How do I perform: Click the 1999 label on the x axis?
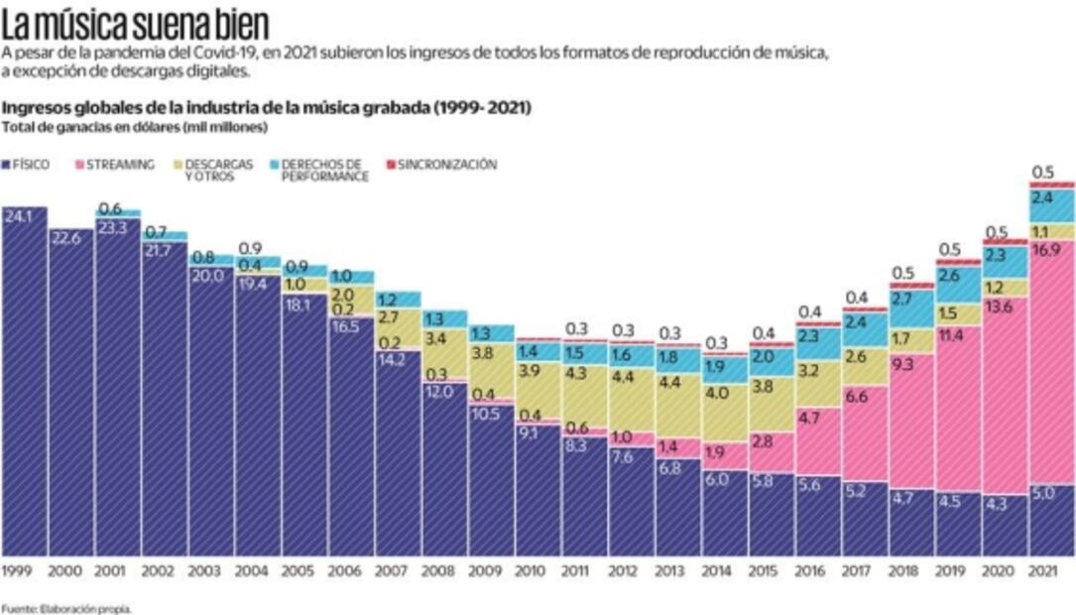pos(18,570)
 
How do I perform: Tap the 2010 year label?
pos(531,570)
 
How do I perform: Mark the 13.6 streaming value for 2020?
pos(1001,307)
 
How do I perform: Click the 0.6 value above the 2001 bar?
pos(110,208)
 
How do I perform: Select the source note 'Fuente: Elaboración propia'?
pos(65,608)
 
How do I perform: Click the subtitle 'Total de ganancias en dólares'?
pos(135,127)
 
